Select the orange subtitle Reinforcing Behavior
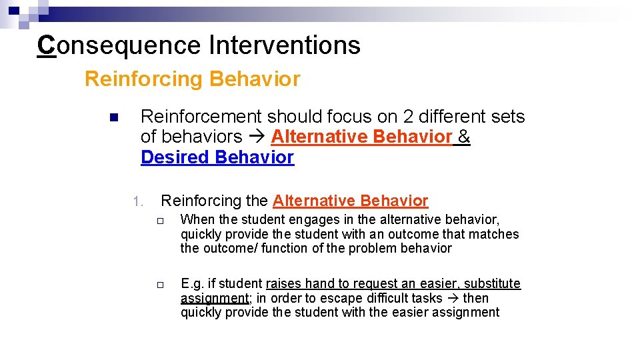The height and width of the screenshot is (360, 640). [192, 79]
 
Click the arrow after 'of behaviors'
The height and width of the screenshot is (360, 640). [257, 137]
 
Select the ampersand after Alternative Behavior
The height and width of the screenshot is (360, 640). [464, 137]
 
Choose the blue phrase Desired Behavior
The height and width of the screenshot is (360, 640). [217, 157]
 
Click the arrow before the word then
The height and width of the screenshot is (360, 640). [452, 299]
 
